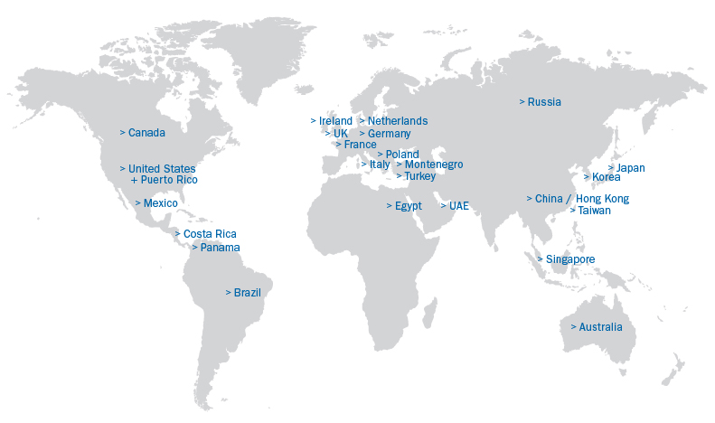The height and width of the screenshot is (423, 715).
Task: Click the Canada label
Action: tap(146, 133)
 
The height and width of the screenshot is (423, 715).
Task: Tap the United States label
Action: tap(161, 169)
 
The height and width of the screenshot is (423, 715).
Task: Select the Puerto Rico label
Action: tap(168, 180)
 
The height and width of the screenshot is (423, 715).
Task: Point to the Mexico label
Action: tap(160, 203)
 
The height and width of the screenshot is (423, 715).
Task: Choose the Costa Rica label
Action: tap(210, 234)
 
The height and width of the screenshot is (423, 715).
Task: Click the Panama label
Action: tap(220, 248)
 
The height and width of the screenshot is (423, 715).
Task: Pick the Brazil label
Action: tap(247, 293)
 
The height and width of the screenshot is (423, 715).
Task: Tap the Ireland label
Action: tap(335, 121)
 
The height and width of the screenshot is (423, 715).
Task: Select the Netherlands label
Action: tap(398, 121)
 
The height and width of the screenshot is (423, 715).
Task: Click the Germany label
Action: tap(389, 134)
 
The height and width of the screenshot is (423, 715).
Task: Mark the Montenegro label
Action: tap(434, 164)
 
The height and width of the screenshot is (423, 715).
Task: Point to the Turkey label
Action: tap(419, 176)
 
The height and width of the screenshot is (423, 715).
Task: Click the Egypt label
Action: tap(408, 206)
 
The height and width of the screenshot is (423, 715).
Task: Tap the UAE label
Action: tap(458, 206)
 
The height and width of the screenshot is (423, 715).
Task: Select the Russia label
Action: tap(544, 102)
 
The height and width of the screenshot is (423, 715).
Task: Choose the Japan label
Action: tap(630, 168)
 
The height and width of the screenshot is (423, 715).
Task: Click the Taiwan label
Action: tap(594, 211)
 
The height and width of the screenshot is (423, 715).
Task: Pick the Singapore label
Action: tap(570, 259)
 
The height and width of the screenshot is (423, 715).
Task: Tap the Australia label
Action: tap(600, 327)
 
